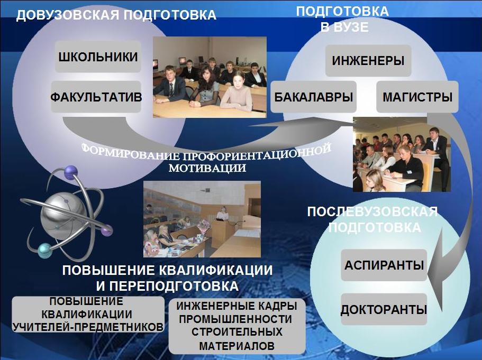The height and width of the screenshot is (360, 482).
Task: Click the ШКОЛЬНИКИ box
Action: pos(98,57)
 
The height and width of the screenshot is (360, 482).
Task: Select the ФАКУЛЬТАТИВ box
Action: pos(96,97)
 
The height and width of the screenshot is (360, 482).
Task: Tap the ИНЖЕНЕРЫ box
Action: pos(368,60)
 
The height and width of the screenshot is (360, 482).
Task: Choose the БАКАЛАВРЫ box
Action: pos(314,97)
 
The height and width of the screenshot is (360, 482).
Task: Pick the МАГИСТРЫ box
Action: pos(417,97)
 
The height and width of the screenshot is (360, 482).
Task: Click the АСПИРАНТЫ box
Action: pos(384,265)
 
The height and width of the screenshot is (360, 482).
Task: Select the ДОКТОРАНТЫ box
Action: pos(384,309)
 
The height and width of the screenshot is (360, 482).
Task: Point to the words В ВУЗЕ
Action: pos(344,27)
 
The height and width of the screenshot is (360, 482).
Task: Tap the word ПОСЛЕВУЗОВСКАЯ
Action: pos(372,212)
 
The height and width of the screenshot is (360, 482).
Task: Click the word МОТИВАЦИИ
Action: pos(207,168)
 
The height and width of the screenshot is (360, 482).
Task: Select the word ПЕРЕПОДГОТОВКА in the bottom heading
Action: pos(174,286)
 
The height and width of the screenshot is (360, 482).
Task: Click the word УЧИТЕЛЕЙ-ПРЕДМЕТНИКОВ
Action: pos(88,327)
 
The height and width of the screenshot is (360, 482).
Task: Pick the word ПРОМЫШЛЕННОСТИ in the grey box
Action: pos(236,319)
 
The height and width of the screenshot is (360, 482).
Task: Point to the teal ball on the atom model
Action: pos(45,251)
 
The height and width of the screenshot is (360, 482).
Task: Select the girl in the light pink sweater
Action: pos(238,92)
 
